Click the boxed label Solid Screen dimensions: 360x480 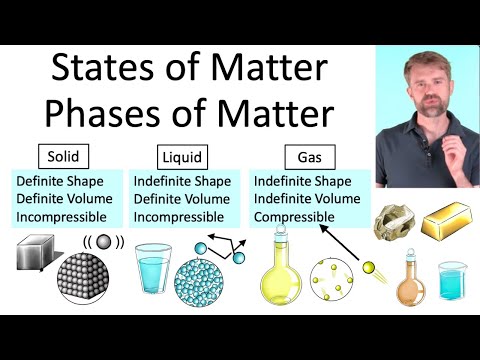pos(64,156)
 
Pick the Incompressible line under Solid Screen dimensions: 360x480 pos(64,215)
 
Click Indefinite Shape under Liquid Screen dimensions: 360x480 pos(186,181)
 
